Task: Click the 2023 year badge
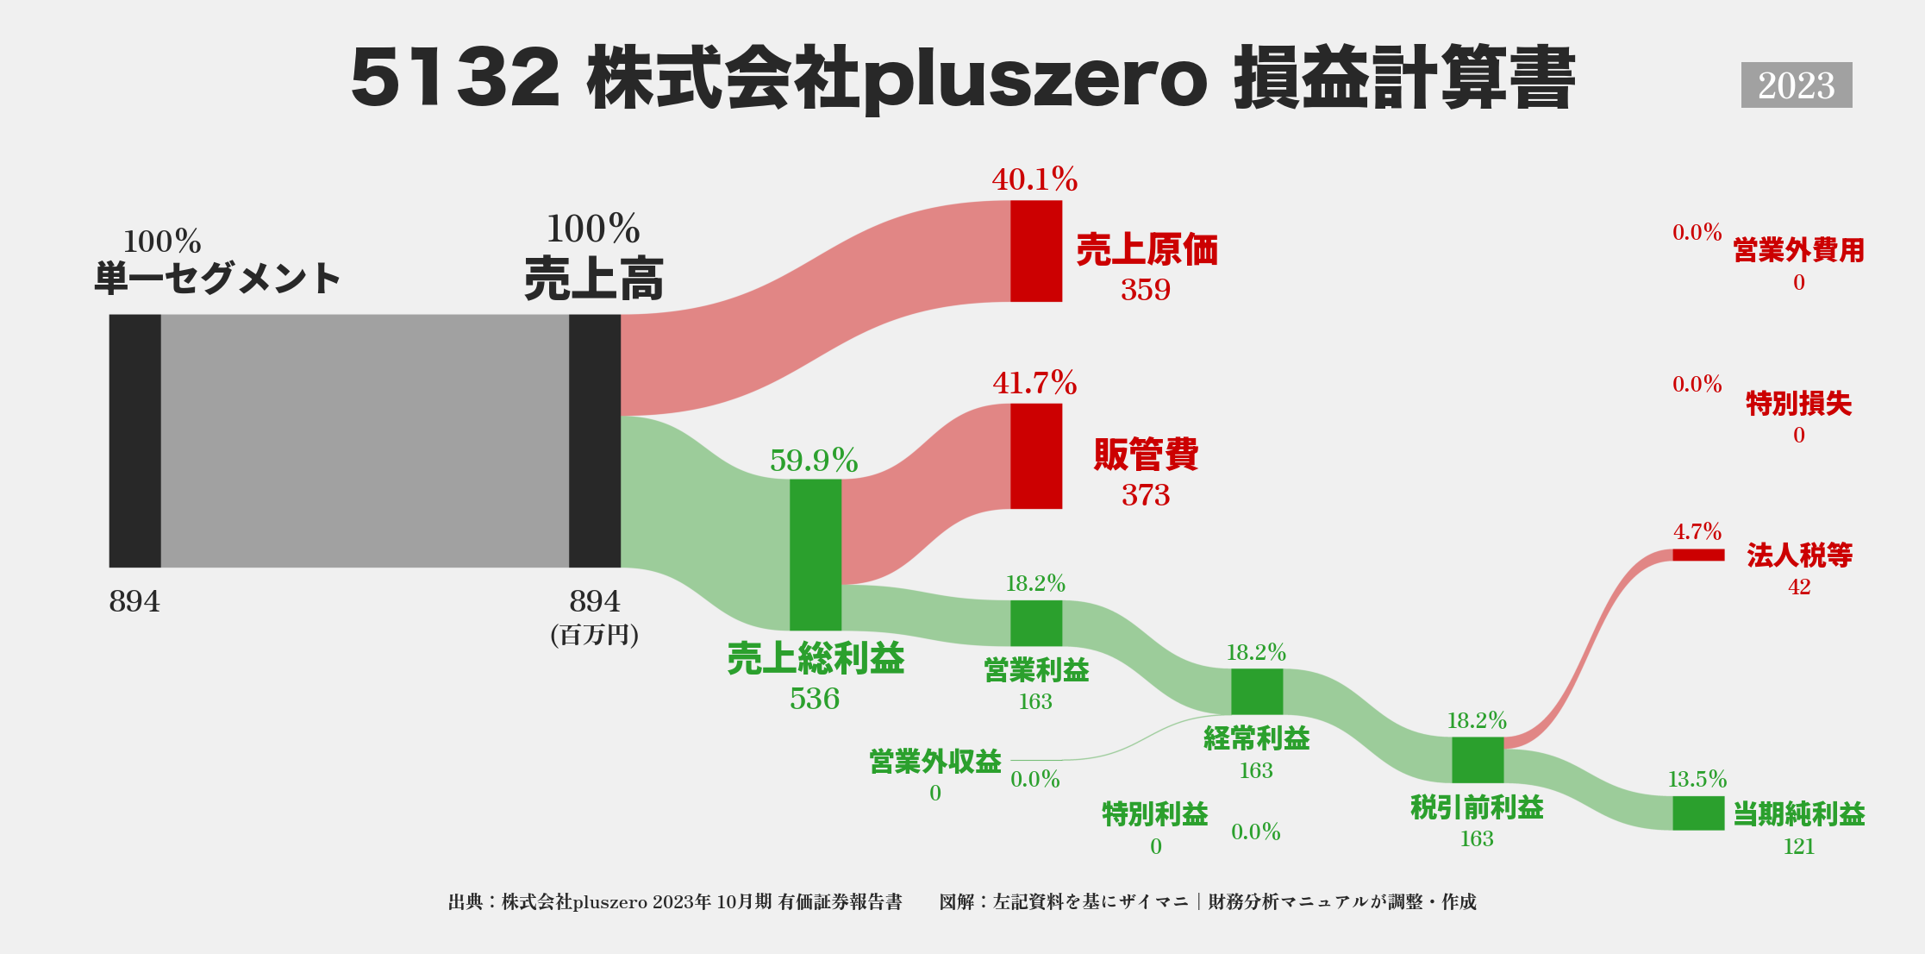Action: click(x=1796, y=85)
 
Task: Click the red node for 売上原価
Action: click(x=1035, y=251)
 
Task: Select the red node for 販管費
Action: click(x=1035, y=456)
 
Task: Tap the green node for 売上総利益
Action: click(x=815, y=555)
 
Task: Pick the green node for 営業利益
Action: click(x=1035, y=623)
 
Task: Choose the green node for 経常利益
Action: click(x=1256, y=691)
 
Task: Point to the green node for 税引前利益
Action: click(x=1477, y=760)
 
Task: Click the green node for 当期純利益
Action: click(x=1697, y=813)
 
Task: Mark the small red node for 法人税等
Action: click(x=1697, y=555)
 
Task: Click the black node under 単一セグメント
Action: click(x=134, y=441)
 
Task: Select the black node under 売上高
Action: click(x=594, y=441)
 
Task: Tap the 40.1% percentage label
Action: click(x=1034, y=179)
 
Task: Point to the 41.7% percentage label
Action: click(x=1034, y=383)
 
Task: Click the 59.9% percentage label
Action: click(x=814, y=461)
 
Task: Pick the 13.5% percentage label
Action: click(x=1697, y=779)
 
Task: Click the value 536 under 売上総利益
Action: click(x=814, y=698)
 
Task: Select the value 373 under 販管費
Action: click(x=1145, y=494)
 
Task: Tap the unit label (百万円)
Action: click(x=594, y=635)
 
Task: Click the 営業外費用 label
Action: click(x=1798, y=250)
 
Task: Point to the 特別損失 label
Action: click(x=1798, y=403)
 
